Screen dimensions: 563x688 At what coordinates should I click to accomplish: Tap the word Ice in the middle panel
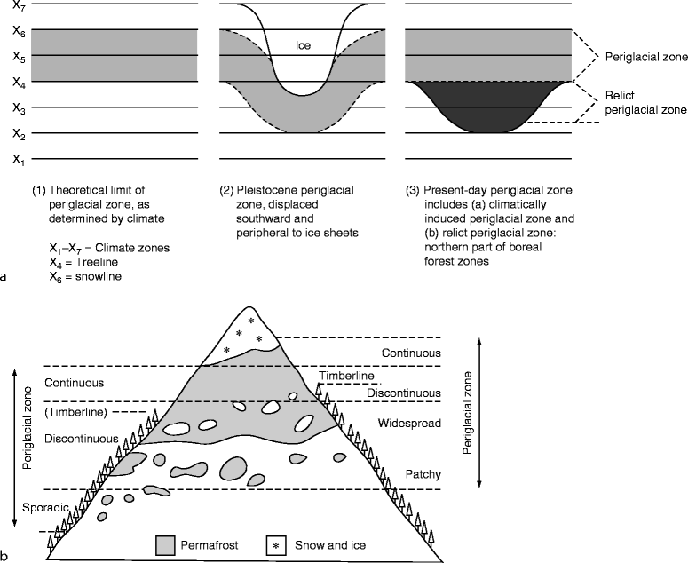click(x=304, y=43)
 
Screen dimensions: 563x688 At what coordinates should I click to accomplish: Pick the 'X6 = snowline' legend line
click(x=85, y=277)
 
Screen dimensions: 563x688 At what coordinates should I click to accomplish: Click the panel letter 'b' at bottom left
click(x=6, y=556)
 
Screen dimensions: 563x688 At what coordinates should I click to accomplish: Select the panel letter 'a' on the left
click(x=6, y=276)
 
